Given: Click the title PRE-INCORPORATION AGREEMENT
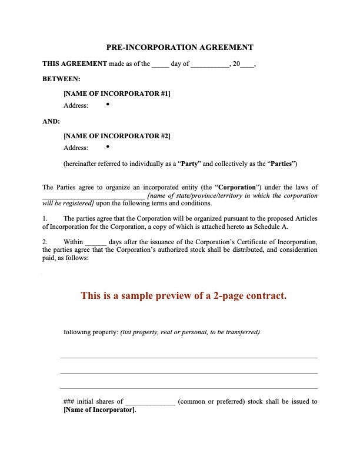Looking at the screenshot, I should [179, 47].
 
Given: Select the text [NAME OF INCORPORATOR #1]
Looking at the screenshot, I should [116, 94].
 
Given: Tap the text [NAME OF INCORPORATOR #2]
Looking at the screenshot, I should [116, 136].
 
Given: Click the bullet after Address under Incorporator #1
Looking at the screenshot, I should [108, 104].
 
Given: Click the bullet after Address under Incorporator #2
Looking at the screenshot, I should [108, 147].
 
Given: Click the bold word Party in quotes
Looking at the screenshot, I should [188, 163].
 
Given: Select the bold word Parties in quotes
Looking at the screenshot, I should [279, 163].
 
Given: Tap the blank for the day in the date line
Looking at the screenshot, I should [160, 65].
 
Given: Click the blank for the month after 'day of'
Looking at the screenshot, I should [209, 65].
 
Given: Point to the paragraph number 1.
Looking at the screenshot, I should [45, 218].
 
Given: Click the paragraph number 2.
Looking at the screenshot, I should [45, 242].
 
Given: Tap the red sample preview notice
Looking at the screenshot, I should [184, 295].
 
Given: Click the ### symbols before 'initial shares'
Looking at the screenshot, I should [69, 402].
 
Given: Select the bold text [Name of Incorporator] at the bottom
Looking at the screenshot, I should [99, 410].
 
